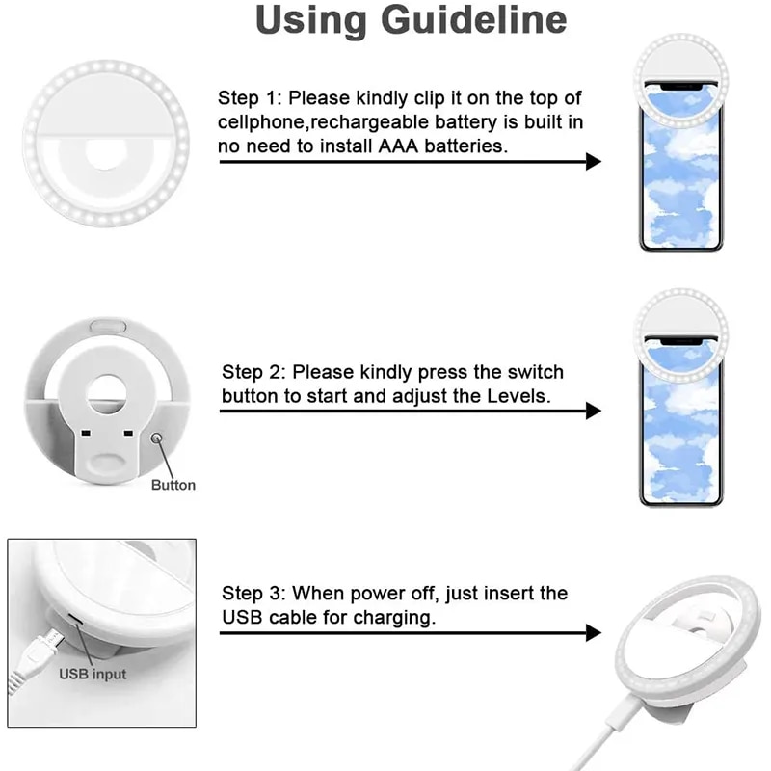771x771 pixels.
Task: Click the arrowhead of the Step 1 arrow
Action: pyautogui.click(x=593, y=161)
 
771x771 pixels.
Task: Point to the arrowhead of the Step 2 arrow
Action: pyautogui.click(x=593, y=412)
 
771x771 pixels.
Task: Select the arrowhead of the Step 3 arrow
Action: pyautogui.click(x=593, y=633)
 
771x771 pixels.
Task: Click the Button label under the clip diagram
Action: pyautogui.click(x=173, y=485)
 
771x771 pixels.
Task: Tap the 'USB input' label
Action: pyautogui.click(x=93, y=675)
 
